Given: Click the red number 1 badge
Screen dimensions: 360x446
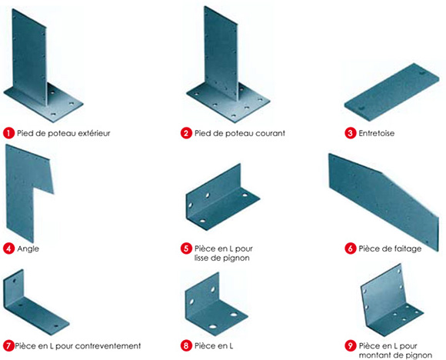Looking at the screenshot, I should coord(8,133).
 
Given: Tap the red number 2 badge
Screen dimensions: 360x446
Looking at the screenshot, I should coord(186,133).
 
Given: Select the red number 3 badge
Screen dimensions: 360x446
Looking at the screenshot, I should coord(351,133).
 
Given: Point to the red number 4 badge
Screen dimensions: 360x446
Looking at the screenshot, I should coord(8,248).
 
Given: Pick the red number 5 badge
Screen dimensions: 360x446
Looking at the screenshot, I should coord(186,248).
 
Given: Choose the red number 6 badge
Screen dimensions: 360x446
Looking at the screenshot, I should coord(351,248).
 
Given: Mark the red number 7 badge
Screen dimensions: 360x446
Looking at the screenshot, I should coord(8,345).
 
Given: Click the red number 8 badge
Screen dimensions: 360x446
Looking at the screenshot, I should coord(186,345).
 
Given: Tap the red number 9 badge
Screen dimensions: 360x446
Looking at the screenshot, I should coord(351,345).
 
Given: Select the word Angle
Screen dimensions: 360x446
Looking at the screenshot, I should coord(28,248).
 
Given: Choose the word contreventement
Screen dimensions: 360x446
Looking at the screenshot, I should coord(103,345).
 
